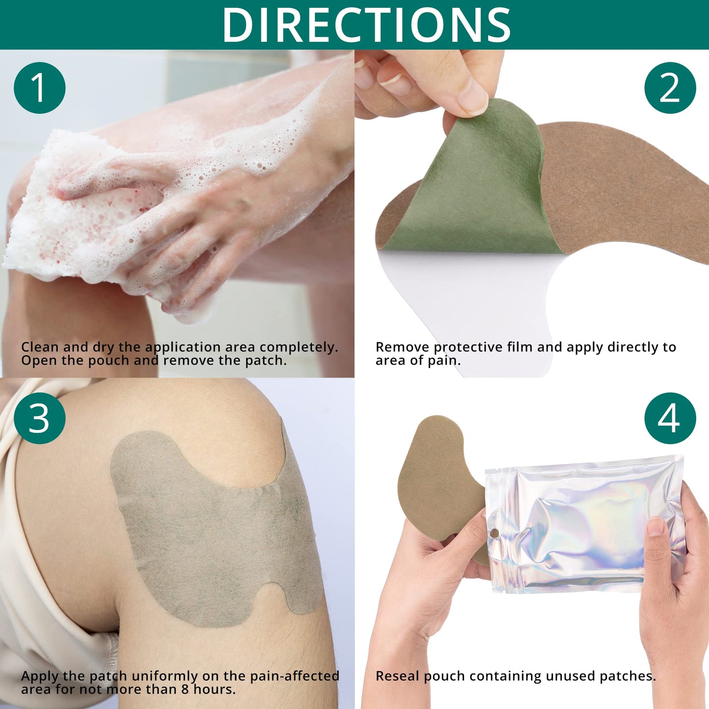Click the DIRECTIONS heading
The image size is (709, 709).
click(x=367, y=25)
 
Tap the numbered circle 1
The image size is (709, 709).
click(x=40, y=88)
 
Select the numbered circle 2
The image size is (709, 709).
click(x=670, y=88)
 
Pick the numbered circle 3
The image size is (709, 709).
click(x=40, y=419)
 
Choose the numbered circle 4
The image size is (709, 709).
click(x=670, y=419)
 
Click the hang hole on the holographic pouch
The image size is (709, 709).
click(x=495, y=533)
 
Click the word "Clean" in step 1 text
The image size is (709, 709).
click(x=40, y=347)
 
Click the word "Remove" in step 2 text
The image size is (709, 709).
click(x=402, y=347)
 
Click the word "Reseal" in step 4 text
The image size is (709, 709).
click(x=398, y=676)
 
